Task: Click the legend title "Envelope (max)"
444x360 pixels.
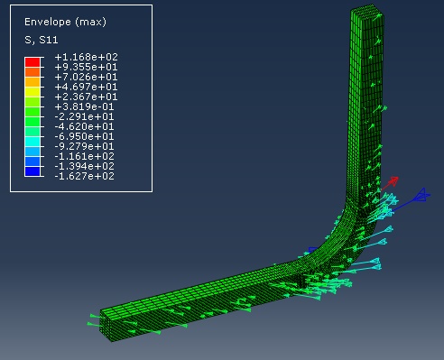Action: coord(65,22)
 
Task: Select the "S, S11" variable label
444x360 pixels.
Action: coord(42,40)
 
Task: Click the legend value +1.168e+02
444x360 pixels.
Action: coord(87,57)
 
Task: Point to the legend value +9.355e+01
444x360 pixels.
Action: coord(87,67)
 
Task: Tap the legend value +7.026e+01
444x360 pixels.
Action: coord(87,77)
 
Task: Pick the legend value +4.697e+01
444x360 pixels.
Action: coord(87,87)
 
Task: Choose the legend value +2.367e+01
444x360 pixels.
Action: coord(87,97)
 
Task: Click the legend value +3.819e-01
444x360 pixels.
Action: coord(85,106)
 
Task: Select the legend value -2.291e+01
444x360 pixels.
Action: coord(85,116)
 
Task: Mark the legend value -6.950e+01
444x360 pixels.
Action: coord(85,136)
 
